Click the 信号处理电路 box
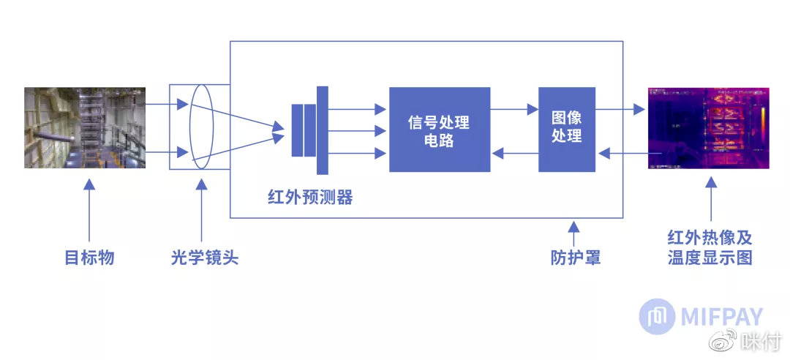(439, 130)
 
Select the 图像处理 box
(567, 129)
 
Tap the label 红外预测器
(310, 197)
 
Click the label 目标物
(89, 258)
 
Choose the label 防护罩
(576, 258)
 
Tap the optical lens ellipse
(201, 127)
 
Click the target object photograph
(85, 128)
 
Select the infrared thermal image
(709, 128)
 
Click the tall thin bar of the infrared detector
(323, 130)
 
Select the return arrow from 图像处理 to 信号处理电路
(514, 153)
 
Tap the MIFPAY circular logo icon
(657, 317)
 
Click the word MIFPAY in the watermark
(721, 317)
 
